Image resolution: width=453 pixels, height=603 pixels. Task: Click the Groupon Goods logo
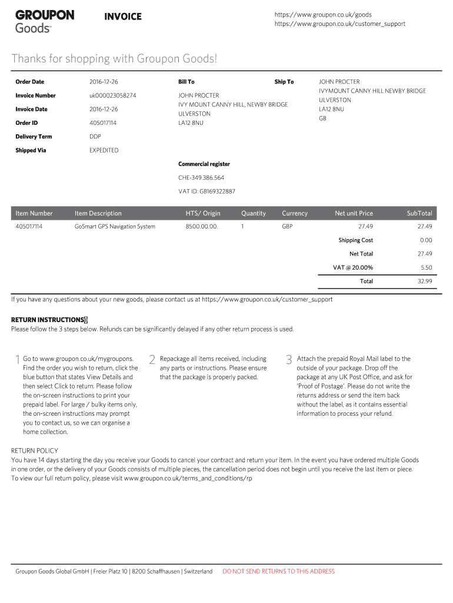45,21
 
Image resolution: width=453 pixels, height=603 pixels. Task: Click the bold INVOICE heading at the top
123,16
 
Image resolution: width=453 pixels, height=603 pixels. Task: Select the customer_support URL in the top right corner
339,24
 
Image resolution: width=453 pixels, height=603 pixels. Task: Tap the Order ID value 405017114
103,123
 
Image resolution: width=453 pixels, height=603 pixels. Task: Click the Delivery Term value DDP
95,137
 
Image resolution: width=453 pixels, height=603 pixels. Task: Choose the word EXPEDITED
104,150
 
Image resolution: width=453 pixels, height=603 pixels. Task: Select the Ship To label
284,82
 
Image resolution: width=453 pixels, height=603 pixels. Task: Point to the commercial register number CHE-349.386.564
201,178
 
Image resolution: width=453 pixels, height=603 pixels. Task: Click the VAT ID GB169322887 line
206,191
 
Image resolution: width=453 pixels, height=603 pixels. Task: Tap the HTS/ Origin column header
203,213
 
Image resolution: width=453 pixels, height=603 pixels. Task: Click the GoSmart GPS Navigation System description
115,227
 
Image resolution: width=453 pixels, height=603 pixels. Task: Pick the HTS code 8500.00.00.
202,227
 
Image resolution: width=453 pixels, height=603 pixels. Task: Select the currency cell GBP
287,227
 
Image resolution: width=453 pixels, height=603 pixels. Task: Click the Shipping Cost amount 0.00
426,240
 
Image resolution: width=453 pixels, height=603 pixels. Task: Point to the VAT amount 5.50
426,267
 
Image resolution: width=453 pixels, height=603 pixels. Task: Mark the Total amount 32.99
425,281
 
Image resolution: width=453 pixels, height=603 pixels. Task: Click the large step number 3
288,360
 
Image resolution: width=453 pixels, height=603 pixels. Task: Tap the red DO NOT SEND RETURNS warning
278,571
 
